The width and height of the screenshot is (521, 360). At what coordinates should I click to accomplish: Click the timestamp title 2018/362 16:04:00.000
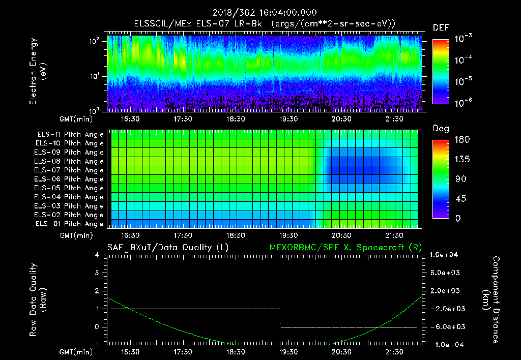tap(260, 13)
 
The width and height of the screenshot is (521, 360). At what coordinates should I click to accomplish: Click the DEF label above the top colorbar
tap(441, 27)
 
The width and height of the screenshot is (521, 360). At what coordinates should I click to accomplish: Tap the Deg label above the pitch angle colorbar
tap(441, 129)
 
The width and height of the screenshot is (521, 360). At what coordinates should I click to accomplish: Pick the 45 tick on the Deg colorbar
tap(458, 198)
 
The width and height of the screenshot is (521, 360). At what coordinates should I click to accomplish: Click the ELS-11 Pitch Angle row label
tap(70, 134)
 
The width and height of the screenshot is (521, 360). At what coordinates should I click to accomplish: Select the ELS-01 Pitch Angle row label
tap(70, 224)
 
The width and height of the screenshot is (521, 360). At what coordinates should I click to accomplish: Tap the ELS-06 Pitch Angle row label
tap(70, 179)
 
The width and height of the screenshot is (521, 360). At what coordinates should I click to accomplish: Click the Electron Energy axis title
tap(38, 71)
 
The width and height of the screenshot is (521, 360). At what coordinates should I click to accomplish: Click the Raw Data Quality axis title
tap(38, 300)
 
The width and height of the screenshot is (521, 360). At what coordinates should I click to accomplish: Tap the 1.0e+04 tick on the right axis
tap(445, 255)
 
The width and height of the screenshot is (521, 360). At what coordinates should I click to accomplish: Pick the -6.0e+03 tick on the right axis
tap(445, 326)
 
